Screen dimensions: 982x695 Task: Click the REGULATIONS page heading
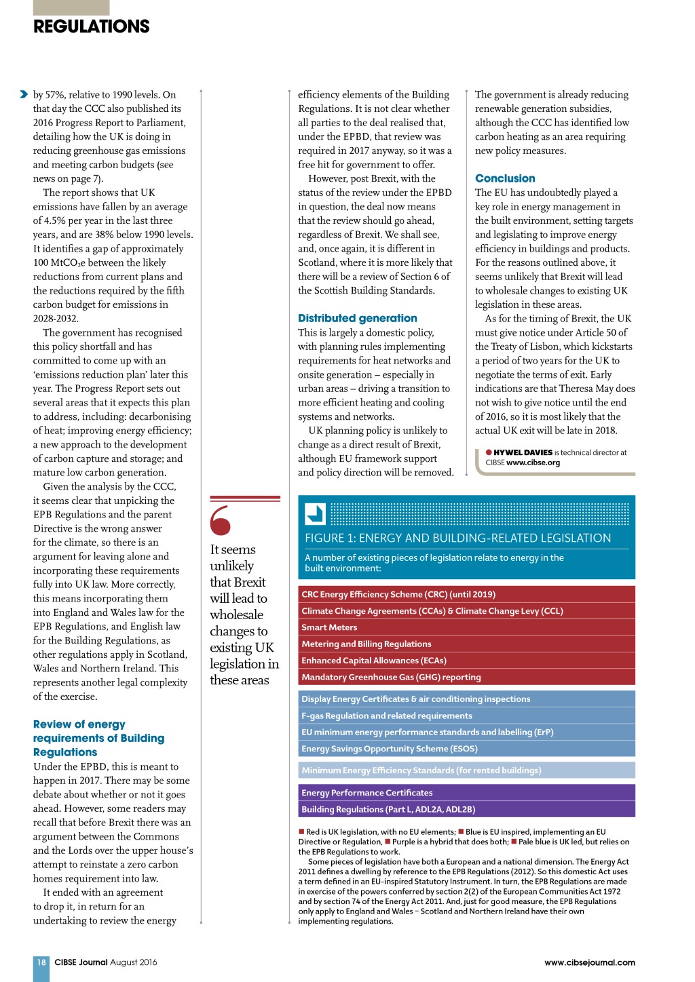coord(92,26)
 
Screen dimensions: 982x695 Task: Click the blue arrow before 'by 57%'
coord(24,94)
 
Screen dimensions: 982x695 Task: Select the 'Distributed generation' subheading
coord(358,318)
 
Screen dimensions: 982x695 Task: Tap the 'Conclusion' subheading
coord(505,178)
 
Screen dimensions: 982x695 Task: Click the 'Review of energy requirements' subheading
coord(98,738)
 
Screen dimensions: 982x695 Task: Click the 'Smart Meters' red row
coord(466,627)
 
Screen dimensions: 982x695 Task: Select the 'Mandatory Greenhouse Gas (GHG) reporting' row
coord(466,677)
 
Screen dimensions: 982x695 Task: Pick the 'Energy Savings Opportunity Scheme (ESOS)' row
coord(466,749)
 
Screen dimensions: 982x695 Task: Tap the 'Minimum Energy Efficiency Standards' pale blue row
coord(466,770)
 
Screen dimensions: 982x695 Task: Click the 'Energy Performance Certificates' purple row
coord(466,793)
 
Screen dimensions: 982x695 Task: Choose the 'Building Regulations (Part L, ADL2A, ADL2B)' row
coord(466,809)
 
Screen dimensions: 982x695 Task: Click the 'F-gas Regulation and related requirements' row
coord(466,715)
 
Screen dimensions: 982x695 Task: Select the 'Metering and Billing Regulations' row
coord(466,644)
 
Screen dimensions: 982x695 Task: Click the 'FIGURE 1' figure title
coord(458,538)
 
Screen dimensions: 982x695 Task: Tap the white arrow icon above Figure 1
coord(316,513)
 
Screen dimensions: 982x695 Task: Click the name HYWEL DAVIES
coord(523,452)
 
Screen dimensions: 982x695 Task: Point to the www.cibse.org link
coord(533,463)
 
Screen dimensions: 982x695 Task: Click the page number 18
coord(41,962)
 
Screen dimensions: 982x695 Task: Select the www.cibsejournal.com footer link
coord(590,962)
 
